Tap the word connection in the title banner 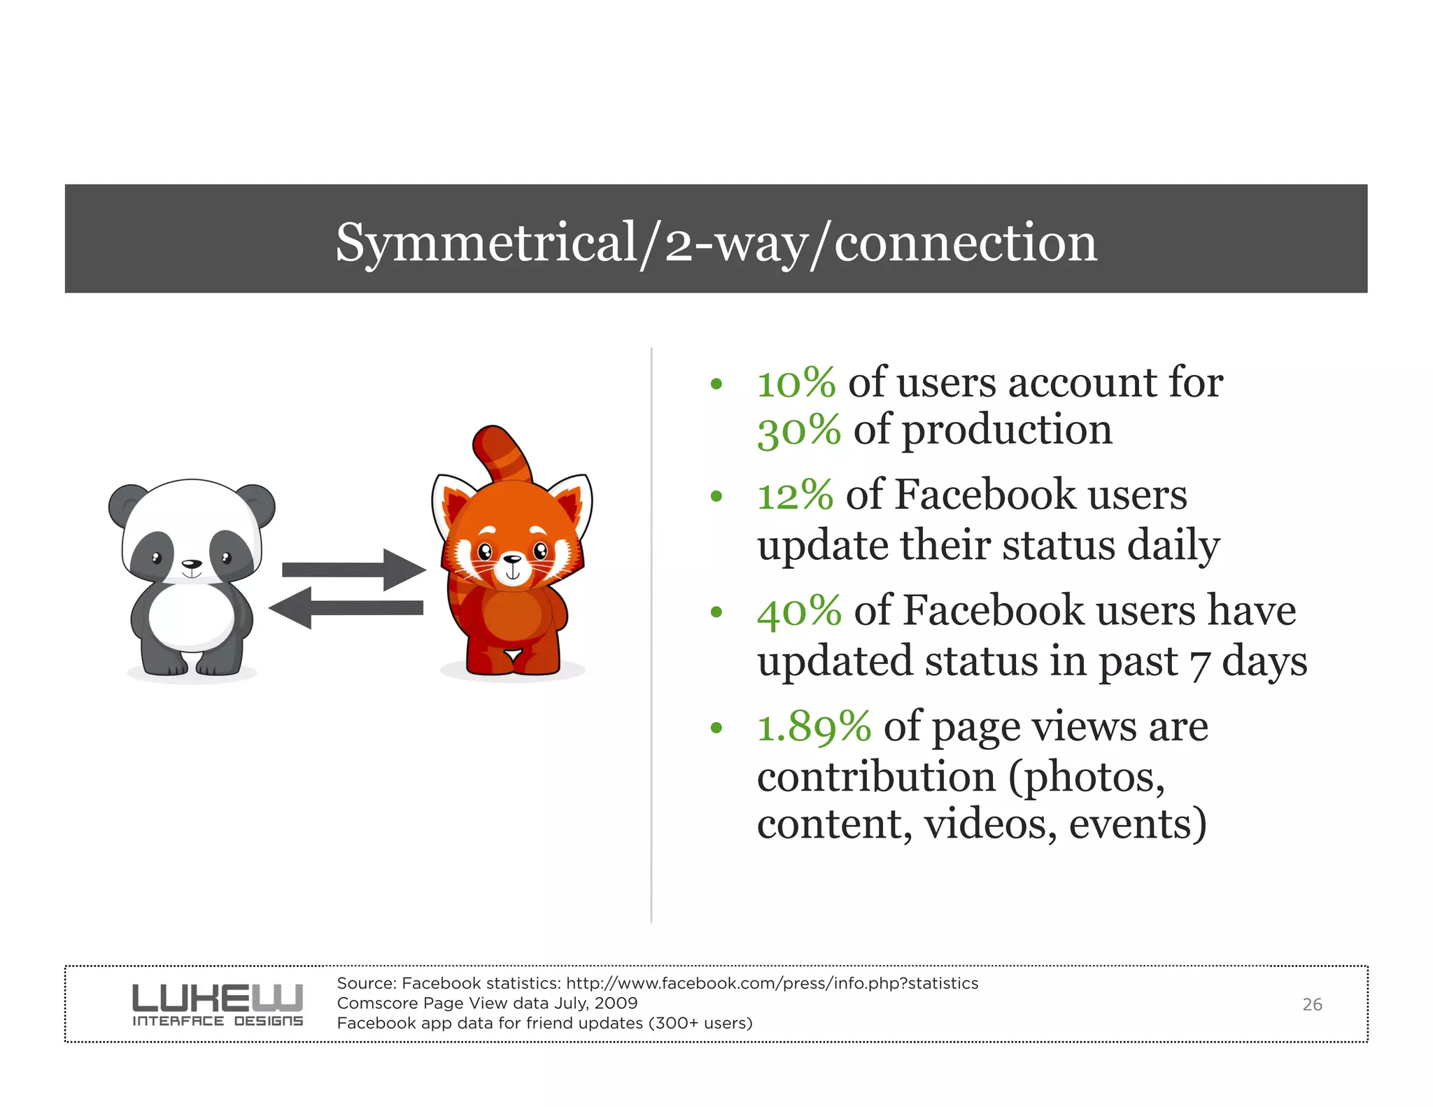(x=966, y=243)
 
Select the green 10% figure (x=796, y=383)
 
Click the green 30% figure (x=798, y=430)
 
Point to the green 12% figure (x=795, y=495)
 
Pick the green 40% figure (x=799, y=610)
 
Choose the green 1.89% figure (x=814, y=726)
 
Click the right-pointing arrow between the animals (x=353, y=570)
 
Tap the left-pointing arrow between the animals (x=346, y=607)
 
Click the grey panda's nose (x=191, y=564)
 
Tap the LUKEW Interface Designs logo (x=218, y=1005)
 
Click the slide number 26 (x=1312, y=1005)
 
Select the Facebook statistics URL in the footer (x=772, y=983)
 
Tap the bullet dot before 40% (x=716, y=612)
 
